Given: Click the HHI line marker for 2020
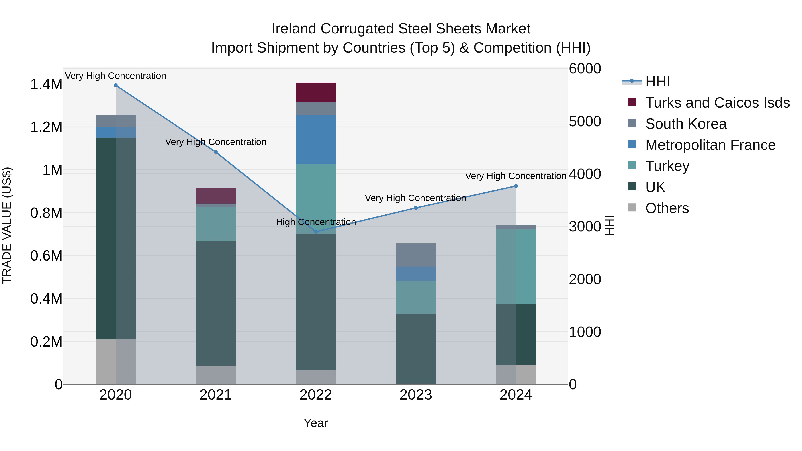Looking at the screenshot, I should click(x=115, y=85).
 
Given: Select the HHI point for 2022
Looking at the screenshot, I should click(x=316, y=232).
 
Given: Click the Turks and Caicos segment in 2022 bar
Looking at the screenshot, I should click(x=316, y=92).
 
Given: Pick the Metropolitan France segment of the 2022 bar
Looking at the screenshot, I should click(x=316, y=140).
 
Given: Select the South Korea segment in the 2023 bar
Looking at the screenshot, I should click(x=416, y=255).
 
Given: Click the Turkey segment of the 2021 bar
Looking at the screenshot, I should click(x=215, y=224).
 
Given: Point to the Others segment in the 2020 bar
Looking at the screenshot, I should click(x=115, y=361).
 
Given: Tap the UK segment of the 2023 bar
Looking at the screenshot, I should click(x=416, y=348).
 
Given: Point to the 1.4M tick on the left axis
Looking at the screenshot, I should click(x=46, y=84).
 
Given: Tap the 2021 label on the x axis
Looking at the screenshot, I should click(x=215, y=395).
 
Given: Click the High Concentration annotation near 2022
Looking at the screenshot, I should click(x=316, y=222).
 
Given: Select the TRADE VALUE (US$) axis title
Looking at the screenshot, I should click(x=7, y=225).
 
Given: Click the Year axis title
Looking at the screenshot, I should click(x=315, y=423).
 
